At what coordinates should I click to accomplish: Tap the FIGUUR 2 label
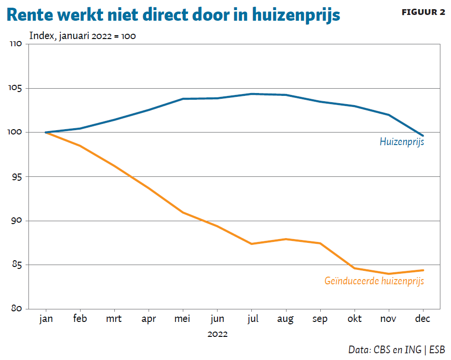point(423,12)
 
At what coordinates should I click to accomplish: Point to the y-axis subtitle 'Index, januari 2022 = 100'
point(82,36)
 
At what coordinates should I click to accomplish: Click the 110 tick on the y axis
point(16,44)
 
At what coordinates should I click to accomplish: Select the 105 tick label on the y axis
point(16,89)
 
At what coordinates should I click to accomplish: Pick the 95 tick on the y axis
point(17,177)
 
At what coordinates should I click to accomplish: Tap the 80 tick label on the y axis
point(17,309)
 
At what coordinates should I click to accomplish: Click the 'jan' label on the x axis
point(45,319)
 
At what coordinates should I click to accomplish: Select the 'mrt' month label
point(114,319)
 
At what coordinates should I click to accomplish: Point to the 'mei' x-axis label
point(183,319)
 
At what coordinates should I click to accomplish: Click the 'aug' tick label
point(286,320)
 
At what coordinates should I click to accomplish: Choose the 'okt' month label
point(355,319)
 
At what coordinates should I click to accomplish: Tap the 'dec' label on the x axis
point(423,319)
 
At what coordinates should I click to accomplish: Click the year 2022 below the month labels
point(217,333)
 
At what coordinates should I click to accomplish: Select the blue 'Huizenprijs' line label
point(402,142)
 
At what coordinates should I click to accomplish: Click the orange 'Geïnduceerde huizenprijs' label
point(374,281)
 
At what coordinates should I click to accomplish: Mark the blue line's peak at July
point(251,94)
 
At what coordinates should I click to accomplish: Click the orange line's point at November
point(389,274)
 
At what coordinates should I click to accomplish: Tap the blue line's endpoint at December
point(423,135)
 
